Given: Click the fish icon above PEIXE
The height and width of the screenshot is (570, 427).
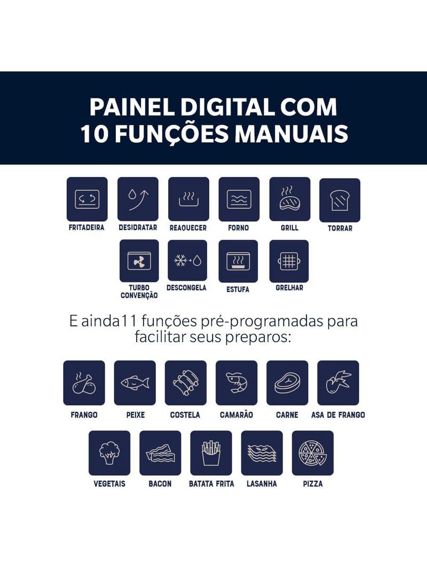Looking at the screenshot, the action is [x=135, y=383].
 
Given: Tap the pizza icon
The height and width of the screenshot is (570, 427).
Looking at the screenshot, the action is [x=312, y=453].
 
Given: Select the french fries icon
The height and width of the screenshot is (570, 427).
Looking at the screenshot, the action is [x=211, y=453].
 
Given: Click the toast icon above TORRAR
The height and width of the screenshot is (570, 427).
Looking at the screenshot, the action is [x=339, y=201].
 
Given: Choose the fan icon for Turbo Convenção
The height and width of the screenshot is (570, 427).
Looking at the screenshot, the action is [x=139, y=261].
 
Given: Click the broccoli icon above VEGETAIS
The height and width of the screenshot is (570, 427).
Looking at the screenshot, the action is [x=109, y=453].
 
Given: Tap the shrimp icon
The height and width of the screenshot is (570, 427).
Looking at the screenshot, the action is [x=236, y=383].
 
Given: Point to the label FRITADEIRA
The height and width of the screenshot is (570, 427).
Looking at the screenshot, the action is [x=86, y=228].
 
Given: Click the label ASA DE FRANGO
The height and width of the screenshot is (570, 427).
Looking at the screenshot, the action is [x=338, y=415].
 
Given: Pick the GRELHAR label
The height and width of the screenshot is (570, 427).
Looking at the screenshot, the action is [x=289, y=288].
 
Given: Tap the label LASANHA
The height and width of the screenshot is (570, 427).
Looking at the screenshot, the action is [x=262, y=484].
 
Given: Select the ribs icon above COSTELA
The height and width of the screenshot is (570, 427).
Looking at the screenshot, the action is [x=186, y=383].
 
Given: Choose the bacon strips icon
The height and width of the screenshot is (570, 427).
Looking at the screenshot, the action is [x=160, y=453].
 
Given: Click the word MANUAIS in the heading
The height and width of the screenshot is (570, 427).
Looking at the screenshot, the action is [x=291, y=134].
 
